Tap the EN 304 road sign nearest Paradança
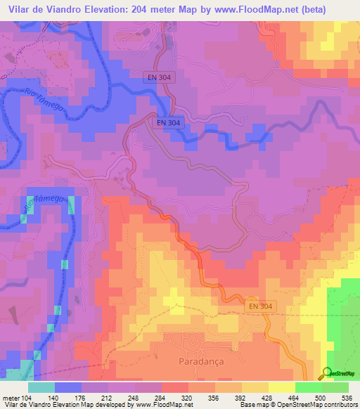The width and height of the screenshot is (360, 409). pos(263,307)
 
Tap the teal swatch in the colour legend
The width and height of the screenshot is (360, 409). pos(41,387)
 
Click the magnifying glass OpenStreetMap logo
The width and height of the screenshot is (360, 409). pos(328,373)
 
